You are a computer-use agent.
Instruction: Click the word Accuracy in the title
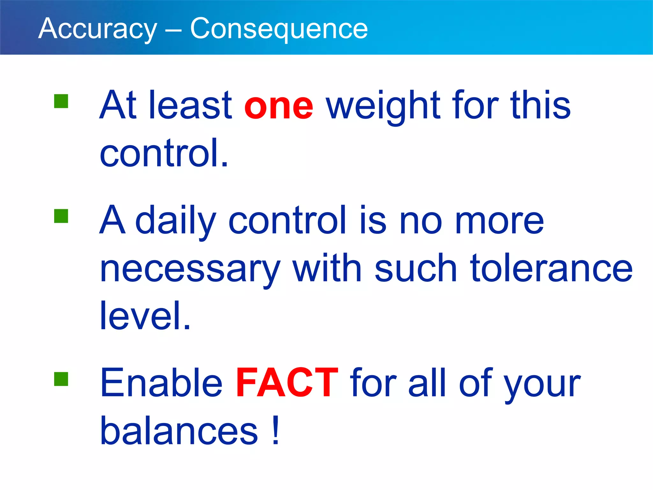point(98,29)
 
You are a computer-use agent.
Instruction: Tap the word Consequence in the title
point(279,29)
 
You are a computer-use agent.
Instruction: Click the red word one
point(279,106)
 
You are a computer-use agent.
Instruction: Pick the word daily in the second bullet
point(176,221)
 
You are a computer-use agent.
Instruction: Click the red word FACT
point(287,383)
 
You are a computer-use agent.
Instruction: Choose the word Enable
point(161,383)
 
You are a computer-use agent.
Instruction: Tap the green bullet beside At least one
point(61,101)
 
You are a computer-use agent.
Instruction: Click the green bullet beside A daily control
point(61,216)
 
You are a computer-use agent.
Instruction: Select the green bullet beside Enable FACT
point(61,379)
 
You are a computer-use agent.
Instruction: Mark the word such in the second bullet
point(416,269)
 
